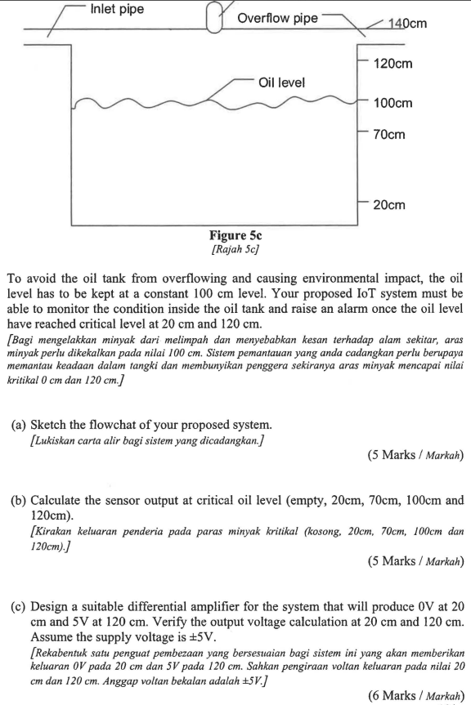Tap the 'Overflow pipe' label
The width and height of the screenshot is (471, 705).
click(x=277, y=18)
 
